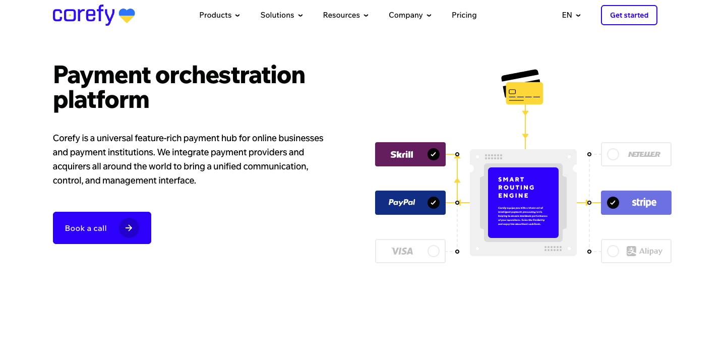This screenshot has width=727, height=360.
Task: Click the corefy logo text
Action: (83, 15)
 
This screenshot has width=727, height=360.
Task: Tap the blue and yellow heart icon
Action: (127, 16)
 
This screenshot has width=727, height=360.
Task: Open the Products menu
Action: (219, 15)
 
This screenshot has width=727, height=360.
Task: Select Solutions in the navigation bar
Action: (281, 15)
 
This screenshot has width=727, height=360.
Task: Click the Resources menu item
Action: (345, 15)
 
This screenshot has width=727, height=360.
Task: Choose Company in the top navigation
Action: (410, 15)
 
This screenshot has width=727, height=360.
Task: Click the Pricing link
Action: (464, 15)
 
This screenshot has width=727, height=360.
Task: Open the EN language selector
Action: (571, 15)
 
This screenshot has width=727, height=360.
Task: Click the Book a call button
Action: (102, 228)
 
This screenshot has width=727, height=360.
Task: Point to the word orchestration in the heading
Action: (230, 75)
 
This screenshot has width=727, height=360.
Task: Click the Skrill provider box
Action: (410, 154)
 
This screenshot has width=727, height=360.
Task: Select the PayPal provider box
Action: (410, 203)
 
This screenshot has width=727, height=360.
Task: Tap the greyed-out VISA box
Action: (410, 251)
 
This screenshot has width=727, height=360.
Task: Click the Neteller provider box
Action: (636, 154)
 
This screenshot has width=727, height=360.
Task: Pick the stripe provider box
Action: (636, 203)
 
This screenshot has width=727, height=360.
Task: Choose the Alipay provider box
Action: (636, 251)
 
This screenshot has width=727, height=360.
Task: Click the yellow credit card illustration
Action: (524, 93)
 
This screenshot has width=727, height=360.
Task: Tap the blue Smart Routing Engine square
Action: (523, 203)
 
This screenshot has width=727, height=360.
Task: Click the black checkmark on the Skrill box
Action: (433, 154)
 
